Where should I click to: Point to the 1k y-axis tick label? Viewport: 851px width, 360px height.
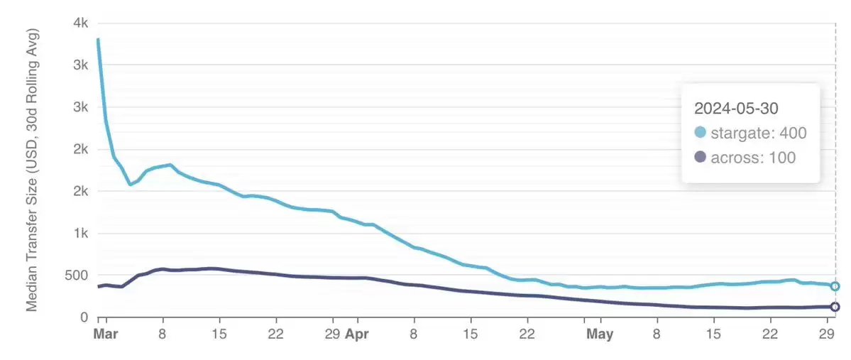coord(79,234)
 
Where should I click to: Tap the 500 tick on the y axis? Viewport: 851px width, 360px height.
coord(75,276)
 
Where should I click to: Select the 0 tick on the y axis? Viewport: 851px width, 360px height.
coord(83,317)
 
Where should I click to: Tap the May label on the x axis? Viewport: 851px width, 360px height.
coord(600,334)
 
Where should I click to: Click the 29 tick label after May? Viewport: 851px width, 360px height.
coord(826,334)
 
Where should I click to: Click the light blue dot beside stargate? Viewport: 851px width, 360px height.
coord(701,133)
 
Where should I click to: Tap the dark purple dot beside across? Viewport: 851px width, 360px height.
coord(701,158)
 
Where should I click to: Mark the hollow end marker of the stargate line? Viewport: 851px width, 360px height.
coord(835,286)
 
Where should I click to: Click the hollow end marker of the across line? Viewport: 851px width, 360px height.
coord(835,307)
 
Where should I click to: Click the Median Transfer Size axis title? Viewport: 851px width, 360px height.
coord(32,170)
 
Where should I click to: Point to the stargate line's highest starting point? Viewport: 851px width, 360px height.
coord(98,40)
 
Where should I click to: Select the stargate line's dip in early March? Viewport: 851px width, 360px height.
coord(130,185)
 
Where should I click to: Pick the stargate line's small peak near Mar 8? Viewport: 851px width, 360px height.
coord(170,165)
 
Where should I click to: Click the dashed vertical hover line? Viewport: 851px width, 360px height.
coord(835,213)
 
